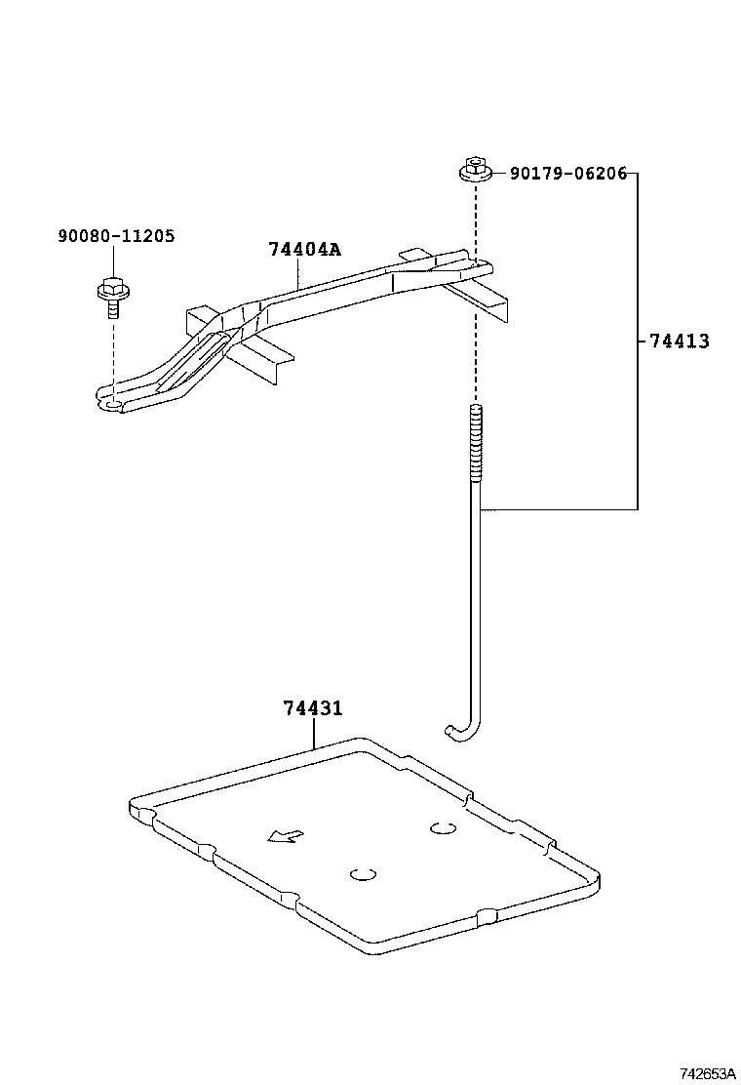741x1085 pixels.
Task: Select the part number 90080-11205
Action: pyautogui.click(x=116, y=236)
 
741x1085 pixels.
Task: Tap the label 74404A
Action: pyautogui.click(x=304, y=249)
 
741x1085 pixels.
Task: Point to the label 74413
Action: pyautogui.click(x=679, y=342)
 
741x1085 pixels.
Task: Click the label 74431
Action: pyautogui.click(x=313, y=708)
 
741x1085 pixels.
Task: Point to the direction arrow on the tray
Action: pyautogui.click(x=286, y=835)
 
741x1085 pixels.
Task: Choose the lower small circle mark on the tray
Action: pyautogui.click(x=364, y=874)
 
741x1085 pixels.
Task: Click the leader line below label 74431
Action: pyautogui.click(x=314, y=733)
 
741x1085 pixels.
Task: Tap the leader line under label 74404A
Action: pyautogui.click(x=297, y=272)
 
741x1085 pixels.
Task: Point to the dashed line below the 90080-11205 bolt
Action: pyautogui.click(x=112, y=351)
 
